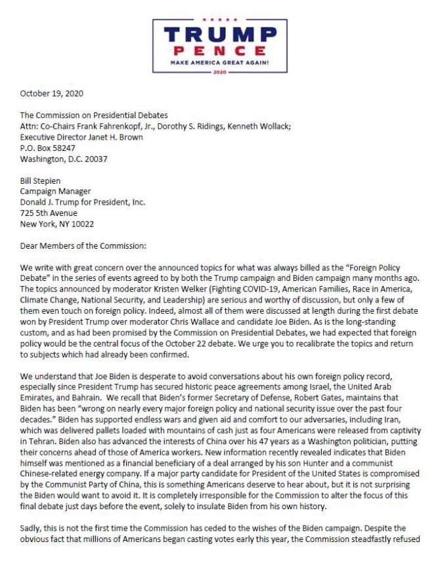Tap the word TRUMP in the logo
[x=219, y=34]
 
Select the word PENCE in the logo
[x=219, y=52]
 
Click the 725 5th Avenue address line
[x=49, y=213]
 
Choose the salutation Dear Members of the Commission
[x=85, y=246]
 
